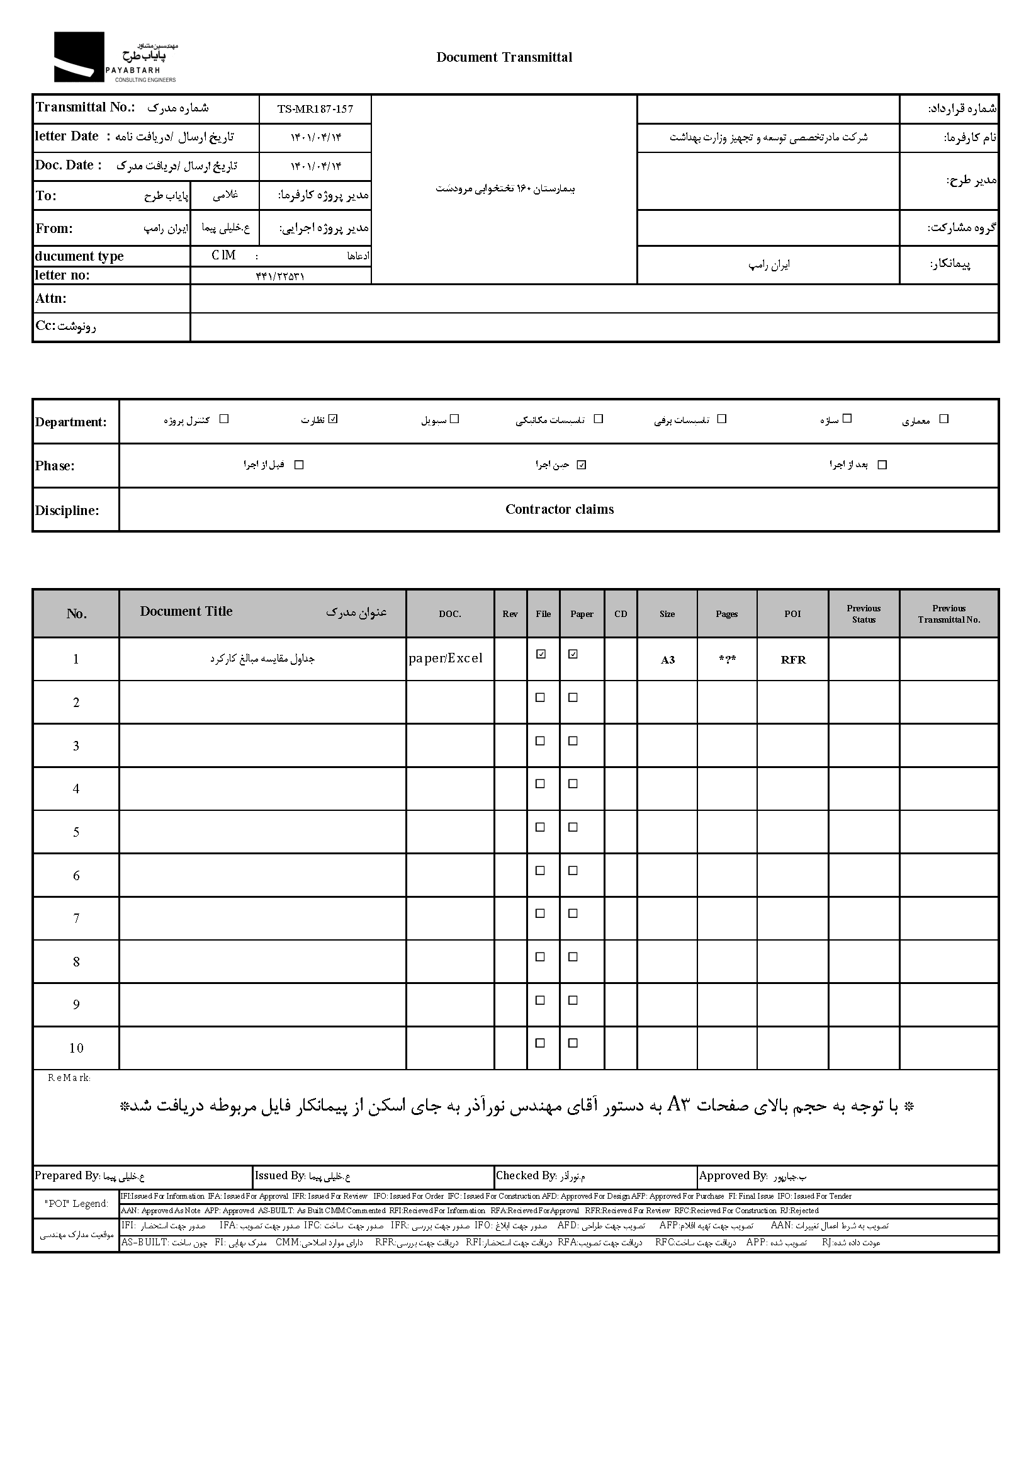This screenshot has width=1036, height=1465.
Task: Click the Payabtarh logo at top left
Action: [x=115, y=57]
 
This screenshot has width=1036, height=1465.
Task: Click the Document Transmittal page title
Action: [x=504, y=57]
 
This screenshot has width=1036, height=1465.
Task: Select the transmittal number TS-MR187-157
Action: [x=315, y=109]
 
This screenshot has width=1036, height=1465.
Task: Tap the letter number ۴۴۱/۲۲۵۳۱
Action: [x=280, y=276]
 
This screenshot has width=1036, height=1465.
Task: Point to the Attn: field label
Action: [x=51, y=298]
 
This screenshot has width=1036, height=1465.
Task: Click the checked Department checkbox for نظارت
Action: [x=333, y=419]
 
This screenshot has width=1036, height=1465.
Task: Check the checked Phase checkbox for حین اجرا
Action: [x=581, y=465]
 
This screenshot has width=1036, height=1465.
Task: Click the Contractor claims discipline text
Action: [x=559, y=509]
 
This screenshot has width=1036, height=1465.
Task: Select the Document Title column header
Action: [x=186, y=611]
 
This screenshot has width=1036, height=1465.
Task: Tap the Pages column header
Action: [x=726, y=614]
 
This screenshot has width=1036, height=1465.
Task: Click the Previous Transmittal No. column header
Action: [x=949, y=614]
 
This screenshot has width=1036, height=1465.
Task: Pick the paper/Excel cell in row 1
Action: [x=446, y=659]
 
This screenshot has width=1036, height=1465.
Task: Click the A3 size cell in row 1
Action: [x=667, y=660]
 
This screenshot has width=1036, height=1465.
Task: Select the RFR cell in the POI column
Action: [x=793, y=660]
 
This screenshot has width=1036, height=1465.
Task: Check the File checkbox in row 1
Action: [x=541, y=654]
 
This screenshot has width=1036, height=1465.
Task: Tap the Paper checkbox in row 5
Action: [x=573, y=827]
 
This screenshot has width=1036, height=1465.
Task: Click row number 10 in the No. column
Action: [x=76, y=1048]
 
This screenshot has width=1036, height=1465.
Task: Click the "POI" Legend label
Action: [x=76, y=1203]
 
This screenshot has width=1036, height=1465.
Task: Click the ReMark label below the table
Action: [x=69, y=1078]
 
